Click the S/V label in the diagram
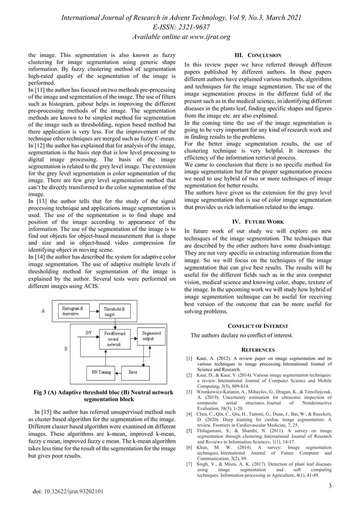[x=89, y=333]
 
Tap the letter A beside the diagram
[x=43, y=310]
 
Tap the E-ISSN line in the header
[x=180, y=27]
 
